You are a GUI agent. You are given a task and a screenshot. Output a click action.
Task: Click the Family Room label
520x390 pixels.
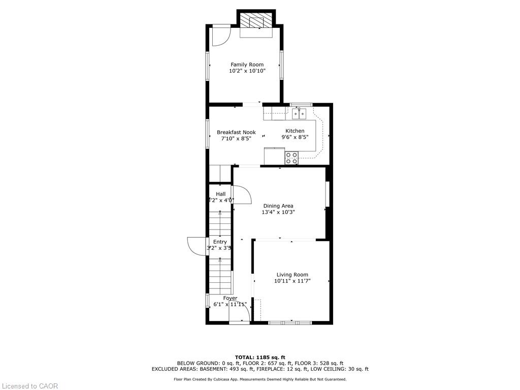tap(247, 64)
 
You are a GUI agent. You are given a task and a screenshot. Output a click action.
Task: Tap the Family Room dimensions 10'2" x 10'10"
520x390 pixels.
tap(247, 71)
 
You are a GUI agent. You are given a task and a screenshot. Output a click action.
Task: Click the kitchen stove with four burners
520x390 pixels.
tap(292, 158)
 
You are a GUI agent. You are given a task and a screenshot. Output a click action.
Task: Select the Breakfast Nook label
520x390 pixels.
tap(236, 133)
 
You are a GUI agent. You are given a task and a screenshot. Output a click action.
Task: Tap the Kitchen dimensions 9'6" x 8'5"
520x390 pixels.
tap(295, 137)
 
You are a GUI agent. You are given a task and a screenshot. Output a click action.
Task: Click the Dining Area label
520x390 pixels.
tap(278, 206)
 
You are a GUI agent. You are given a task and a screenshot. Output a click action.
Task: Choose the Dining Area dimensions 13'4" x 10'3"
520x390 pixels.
tap(278, 212)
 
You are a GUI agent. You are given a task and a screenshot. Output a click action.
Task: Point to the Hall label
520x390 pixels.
tap(220, 194)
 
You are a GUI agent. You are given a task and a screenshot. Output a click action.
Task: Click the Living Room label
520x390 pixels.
tap(292, 275)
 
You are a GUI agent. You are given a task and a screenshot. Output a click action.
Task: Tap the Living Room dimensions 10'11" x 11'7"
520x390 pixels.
tap(292, 281)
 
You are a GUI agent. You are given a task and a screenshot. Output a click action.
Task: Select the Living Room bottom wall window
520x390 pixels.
tap(290, 322)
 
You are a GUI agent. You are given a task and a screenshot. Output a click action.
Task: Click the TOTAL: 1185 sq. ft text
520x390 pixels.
tap(260, 357)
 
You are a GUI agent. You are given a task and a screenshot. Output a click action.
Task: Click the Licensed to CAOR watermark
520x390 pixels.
tap(29, 386)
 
